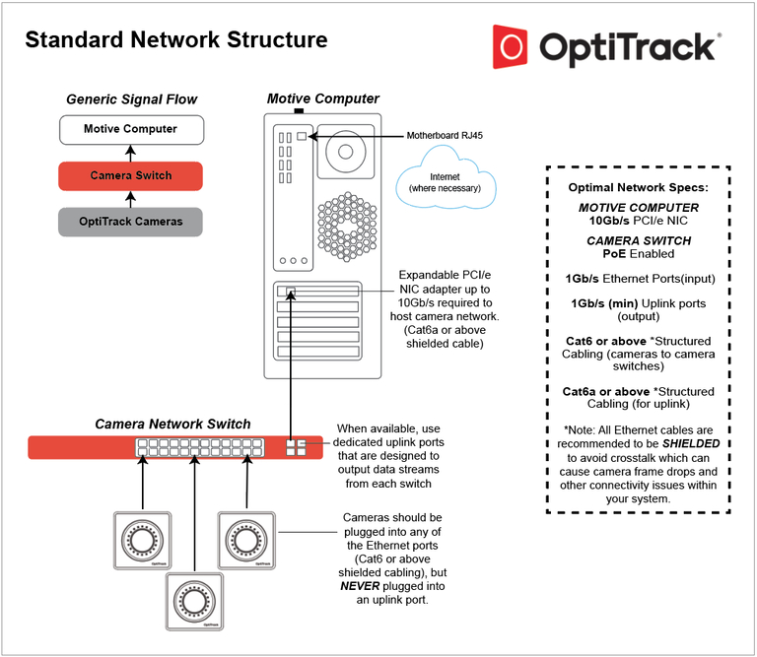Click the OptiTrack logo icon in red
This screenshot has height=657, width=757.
514,48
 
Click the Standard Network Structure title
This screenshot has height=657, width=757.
176,40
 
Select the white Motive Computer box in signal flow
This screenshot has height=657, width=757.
130,129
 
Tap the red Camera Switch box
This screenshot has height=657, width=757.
130,175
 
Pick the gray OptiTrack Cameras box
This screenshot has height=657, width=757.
130,222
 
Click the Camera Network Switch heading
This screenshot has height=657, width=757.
172,424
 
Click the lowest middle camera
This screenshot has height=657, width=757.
192,599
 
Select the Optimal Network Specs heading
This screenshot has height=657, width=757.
638,187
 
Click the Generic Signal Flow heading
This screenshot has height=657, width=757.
131,99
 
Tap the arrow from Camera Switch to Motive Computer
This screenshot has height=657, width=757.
130,153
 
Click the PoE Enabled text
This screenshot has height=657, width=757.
638,253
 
